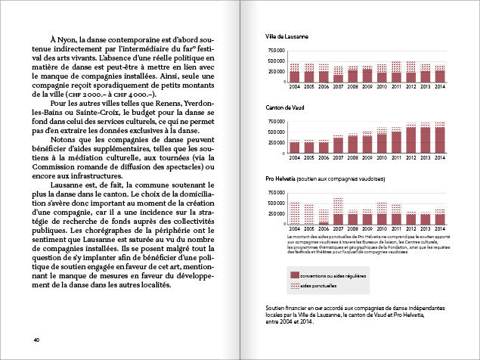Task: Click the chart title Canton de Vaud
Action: (x=284, y=108)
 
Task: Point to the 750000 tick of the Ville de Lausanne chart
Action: (x=276, y=51)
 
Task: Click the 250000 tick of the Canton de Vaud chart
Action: (x=276, y=141)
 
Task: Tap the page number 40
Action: (x=36, y=339)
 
